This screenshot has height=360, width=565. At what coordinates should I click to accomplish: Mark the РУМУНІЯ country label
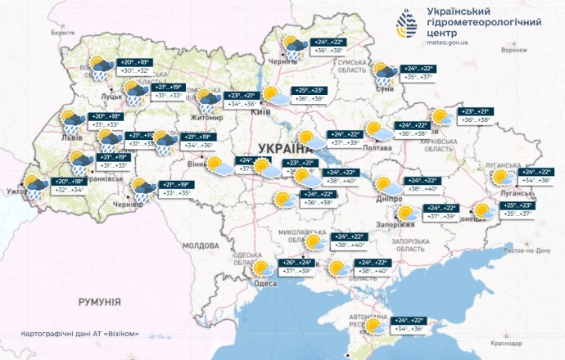(x=100, y=302)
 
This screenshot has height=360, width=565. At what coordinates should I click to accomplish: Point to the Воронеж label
(x=514, y=50)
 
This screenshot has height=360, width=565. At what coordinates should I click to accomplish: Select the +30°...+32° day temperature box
(x=135, y=71)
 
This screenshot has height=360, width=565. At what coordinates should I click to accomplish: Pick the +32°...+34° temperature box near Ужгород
(x=69, y=190)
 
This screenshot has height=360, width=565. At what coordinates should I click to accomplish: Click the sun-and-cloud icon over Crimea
(x=376, y=327)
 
